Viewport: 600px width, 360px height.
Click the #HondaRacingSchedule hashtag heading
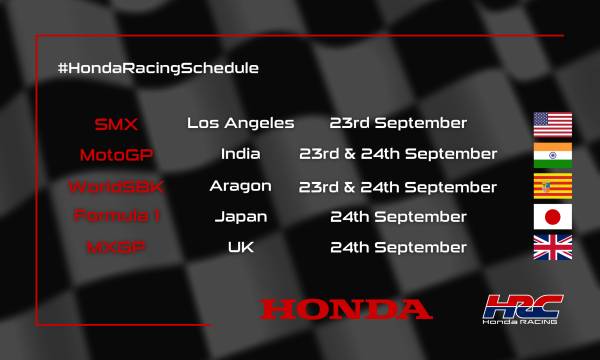coord(159,68)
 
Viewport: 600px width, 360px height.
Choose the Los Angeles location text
coord(241,123)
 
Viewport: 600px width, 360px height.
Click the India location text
coord(241,154)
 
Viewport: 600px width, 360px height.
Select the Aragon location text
coord(241,186)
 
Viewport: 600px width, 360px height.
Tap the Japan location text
coord(241,216)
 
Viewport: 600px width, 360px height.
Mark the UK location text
coord(241,247)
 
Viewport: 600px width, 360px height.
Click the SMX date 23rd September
coord(398,123)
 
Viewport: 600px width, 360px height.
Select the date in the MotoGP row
coord(398,154)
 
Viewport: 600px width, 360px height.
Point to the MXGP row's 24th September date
coord(398,247)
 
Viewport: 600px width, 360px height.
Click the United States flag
coord(553,124)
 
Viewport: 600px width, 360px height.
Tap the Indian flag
coord(553,155)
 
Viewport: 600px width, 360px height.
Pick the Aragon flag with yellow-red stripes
coord(553,186)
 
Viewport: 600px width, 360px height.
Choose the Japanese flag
coord(553,216)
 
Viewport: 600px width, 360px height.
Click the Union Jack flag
coord(553,247)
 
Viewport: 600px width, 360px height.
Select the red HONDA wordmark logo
coord(346,308)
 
